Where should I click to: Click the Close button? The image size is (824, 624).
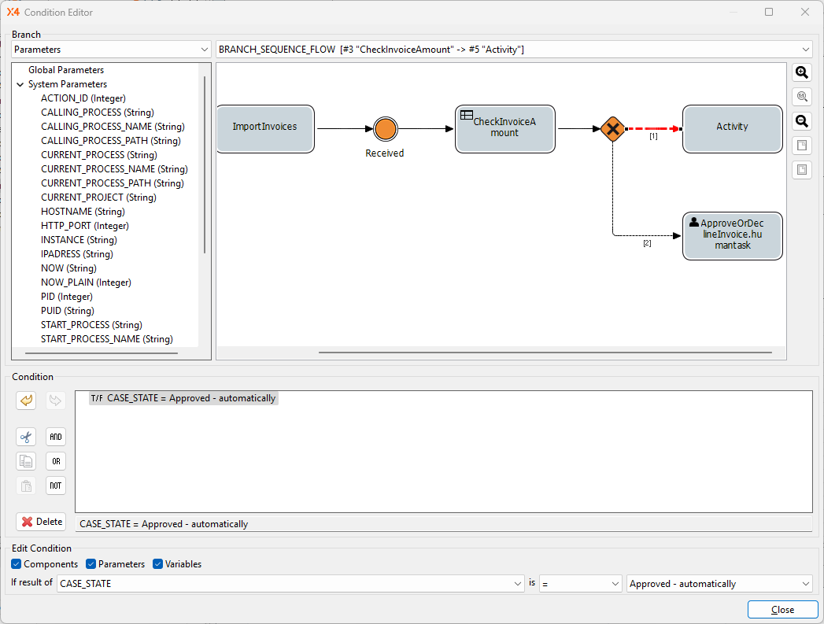(782, 609)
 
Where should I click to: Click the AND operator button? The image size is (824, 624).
(55, 437)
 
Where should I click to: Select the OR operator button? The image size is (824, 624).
(55, 461)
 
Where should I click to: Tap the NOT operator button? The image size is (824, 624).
(55, 486)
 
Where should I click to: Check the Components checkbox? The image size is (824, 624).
(17, 564)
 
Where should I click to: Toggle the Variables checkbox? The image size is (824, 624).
(158, 564)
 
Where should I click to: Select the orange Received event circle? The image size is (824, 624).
(385, 129)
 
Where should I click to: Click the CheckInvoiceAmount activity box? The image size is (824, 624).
(504, 128)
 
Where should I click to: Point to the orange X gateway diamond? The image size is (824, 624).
(612, 129)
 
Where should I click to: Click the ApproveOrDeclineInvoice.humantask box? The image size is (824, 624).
(732, 234)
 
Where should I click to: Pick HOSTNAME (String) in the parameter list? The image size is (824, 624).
(83, 212)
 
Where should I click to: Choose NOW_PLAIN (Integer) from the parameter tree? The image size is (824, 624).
(86, 282)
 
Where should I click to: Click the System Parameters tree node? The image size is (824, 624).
(68, 84)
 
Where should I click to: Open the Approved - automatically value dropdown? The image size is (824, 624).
(719, 584)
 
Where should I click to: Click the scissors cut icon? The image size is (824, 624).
(26, 437)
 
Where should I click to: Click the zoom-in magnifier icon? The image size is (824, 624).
(801, 72)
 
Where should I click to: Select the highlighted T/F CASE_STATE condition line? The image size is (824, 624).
(183, 398)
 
